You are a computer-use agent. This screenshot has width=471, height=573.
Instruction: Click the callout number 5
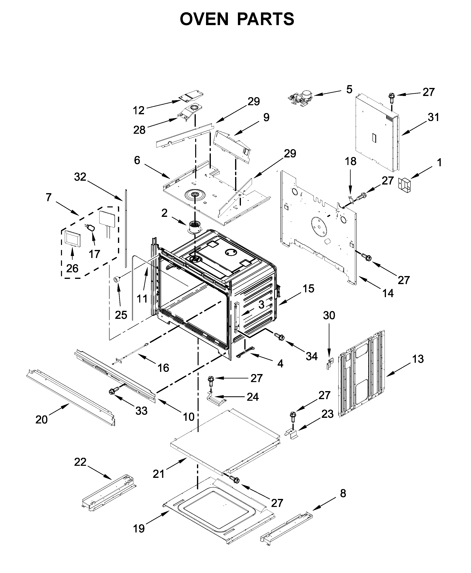point(349,89)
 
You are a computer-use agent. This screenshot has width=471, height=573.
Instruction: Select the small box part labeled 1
point(404,186)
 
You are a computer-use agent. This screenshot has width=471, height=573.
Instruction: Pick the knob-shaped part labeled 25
point(117,279)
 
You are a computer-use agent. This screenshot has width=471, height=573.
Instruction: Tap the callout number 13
point(418,359)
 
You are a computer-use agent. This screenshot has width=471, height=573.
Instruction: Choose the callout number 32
point(80,177)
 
